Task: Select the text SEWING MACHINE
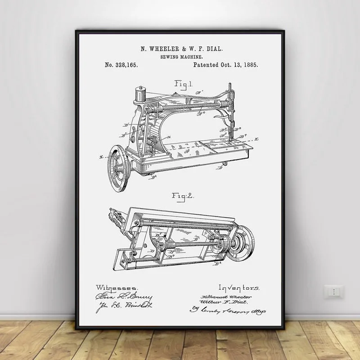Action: [x=181, y=57]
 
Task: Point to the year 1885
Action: [x=249, y=65]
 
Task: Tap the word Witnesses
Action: [x=117, y=287]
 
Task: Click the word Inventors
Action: [x=238, y=287]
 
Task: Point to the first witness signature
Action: [x=124, y=297]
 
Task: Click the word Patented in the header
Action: [x=208, y=65]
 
